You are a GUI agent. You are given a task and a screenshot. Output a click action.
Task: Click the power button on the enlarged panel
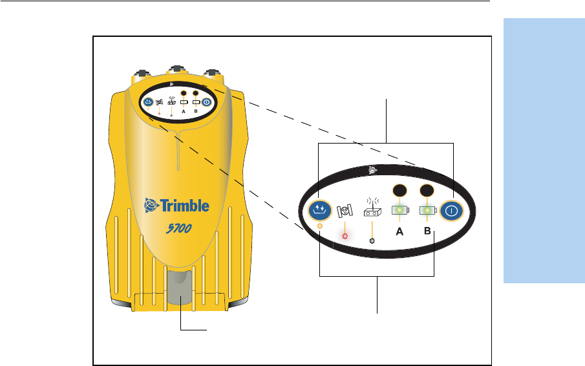coord(452,210)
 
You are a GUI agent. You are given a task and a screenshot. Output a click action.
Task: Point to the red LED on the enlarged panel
coord(345,235)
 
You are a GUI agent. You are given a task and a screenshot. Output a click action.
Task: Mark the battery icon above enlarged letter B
coord(427,210)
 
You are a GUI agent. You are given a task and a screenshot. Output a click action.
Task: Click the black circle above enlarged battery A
coord(400,191)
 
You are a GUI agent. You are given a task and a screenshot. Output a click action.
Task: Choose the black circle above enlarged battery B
coord(426,191)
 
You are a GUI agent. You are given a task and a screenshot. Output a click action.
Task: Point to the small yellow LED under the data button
coord(319,226)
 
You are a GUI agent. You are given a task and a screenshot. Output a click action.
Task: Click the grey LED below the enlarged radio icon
coord(372,241)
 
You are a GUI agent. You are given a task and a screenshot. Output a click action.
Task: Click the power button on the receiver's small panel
coord(206,102)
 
